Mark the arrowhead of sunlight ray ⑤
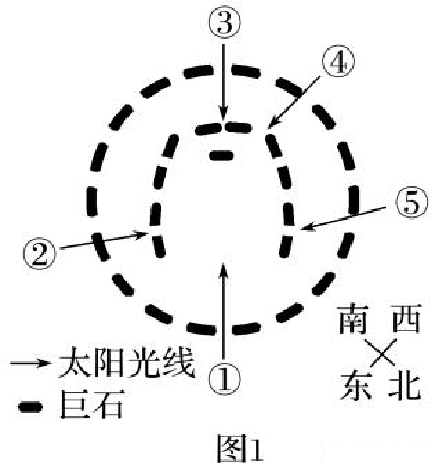coord(304,229)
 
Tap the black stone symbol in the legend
coord(30,406)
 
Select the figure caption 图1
coord(239,449)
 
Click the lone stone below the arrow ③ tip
coord(221,154)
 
